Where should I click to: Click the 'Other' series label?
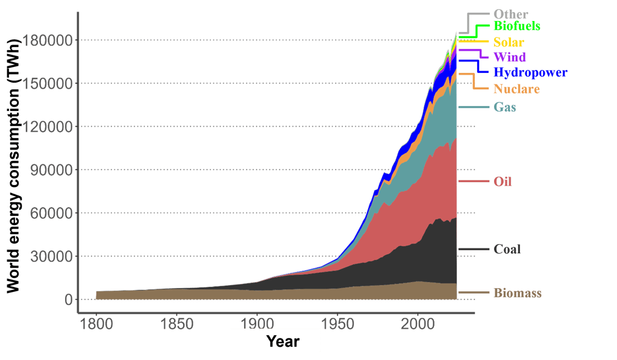pyautogui.click(x=510, y=13)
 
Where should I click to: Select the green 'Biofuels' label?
pyautogui.click(x=516, y=27)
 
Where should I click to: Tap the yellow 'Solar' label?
pyautogui.click(x=509, y=42)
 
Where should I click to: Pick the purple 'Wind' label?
pyautogui.click(x=509, y=57)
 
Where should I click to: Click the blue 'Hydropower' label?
pyautogui.click(x=530, y=73)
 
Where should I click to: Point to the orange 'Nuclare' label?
pyautogui.click(x=516, y=89)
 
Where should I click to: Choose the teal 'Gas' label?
pyautogui.click(x=504, y=107)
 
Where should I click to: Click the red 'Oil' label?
pyautogui.click(x=503, y=181)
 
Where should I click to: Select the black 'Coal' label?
pyautogui.click(x=507, y=249)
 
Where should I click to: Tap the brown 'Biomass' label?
pyautogui.click(x=517, y=294)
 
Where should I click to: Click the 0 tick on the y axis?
pyautogui.click(x=68, y=300)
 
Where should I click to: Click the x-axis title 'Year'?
pyautogui.click(x=283, y=341)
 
